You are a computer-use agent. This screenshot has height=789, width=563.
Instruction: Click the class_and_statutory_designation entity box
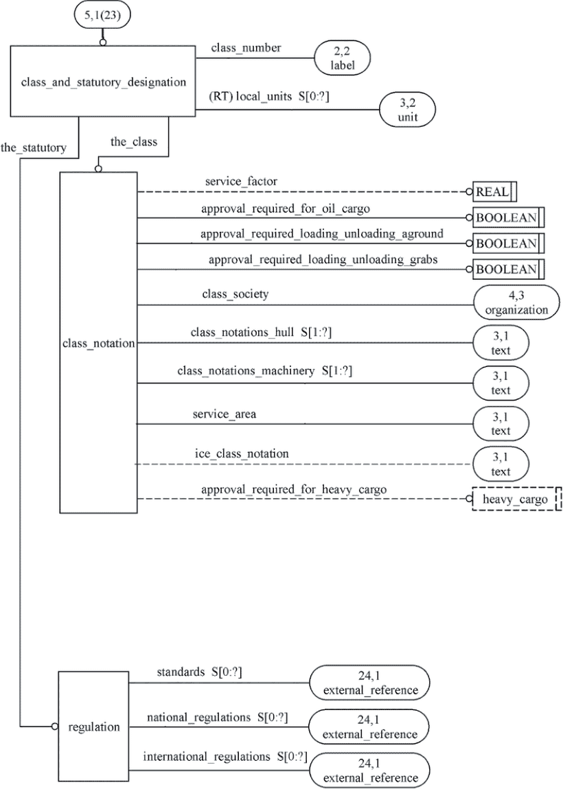click(103, 82)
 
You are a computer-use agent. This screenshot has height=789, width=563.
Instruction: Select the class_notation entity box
click(99, 342)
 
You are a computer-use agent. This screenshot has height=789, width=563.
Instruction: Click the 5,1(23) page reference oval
click(103, 16)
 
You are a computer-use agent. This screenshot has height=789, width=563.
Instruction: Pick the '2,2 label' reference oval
click(343, 58)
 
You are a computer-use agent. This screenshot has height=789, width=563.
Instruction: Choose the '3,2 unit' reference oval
click(407, 110)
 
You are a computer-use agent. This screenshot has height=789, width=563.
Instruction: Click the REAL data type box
click(494, 191)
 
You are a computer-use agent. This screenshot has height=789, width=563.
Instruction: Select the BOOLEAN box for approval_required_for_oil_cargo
click(509, 218)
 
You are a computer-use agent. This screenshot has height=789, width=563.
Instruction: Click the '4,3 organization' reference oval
click(516, 303)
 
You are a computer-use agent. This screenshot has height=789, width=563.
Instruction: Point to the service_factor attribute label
click(241, 182)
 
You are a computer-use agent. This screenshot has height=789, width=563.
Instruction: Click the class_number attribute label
click(246, 48)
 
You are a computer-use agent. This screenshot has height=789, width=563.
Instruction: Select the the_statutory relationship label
click(33, 148)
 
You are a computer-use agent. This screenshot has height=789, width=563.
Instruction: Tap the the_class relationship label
click(134, 143)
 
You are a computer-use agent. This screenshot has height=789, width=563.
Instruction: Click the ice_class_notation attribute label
click(242, 454)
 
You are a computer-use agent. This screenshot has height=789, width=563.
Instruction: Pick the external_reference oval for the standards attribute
click(370, 683)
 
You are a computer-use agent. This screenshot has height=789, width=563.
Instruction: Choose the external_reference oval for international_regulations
click(370, 770)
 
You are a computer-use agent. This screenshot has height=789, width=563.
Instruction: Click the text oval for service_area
click(501, 424)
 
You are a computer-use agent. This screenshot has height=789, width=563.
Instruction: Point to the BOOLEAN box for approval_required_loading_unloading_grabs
click(509, 269)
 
